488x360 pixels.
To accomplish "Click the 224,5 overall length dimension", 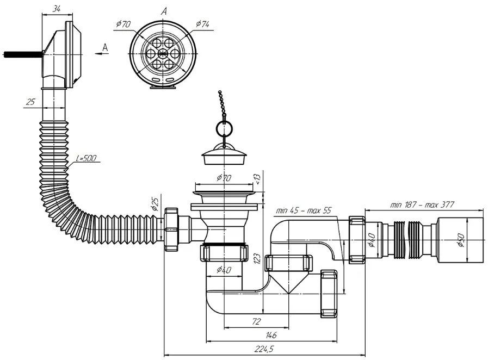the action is coord(264,350).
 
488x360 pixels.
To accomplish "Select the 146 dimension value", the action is coord(271,335).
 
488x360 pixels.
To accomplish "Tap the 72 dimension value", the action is coord(256,321).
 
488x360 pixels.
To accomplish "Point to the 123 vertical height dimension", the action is coord(257,258).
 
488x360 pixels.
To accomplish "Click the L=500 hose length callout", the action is coord(86,158).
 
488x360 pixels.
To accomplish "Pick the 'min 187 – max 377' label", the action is coord(422,204).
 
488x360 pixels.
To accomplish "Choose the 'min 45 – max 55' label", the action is coord(304,210).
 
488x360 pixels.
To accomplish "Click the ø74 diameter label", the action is coord(202,24).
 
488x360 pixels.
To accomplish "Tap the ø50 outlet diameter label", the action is coord(461,240).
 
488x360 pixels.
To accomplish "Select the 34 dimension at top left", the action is coord(56,9).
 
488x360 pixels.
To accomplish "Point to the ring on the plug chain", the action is coord(224,127).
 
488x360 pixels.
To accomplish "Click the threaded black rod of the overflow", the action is coord(22,54).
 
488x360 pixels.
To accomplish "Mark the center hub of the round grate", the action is coord(162,53).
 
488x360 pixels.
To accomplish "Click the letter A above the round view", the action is coord(164,11).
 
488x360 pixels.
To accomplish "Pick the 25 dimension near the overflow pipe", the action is coord(30,102).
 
